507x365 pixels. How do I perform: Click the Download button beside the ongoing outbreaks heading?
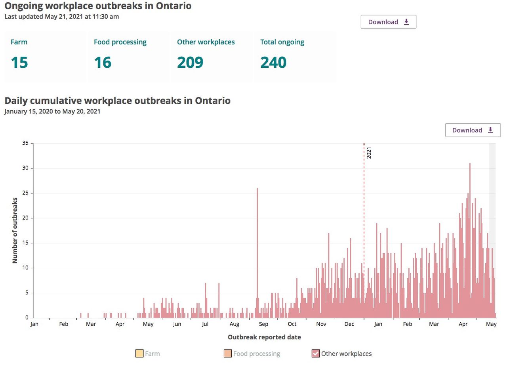click(x=388, y=22)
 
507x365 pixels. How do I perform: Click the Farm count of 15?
click(x=19, y=63)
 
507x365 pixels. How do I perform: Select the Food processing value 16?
click(x=103, y=63)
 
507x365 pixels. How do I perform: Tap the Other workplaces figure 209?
click(x=190, y=63)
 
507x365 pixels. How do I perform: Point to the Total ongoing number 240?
click(x=273, y=63)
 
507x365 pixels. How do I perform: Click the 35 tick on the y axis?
click(x=25, y=143)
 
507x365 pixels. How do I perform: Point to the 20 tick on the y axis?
click(x=25, y=218)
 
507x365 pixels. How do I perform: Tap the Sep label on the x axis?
click(x=263, y=324)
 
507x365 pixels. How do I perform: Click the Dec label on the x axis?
click(x=349, y=324)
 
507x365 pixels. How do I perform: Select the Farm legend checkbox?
click(x=139, y=354)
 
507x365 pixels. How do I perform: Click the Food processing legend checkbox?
click(x=227, y=354)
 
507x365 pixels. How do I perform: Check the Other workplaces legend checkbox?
click(x=316, y=354)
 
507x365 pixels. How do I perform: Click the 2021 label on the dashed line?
click(x=369, y=153)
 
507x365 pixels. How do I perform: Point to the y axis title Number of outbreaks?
click(x=15, y=230)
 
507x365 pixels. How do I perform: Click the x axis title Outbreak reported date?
click(x=264, y=337)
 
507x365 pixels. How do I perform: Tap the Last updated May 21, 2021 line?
click(x=61, y=17)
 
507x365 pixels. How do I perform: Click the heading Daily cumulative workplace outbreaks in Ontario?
click(x=117, y=101)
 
